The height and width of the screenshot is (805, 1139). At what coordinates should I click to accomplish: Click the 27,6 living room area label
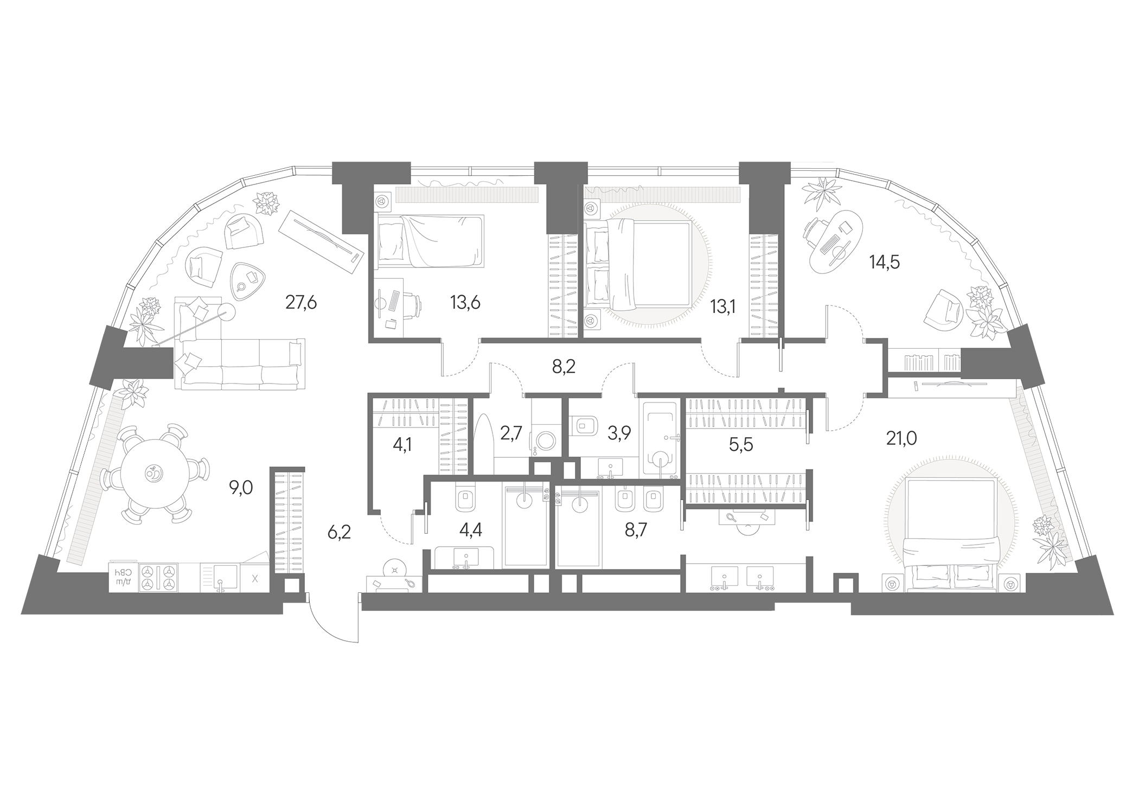pos(301,303)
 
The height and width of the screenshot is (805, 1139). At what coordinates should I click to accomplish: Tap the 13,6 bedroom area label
pos(465,303)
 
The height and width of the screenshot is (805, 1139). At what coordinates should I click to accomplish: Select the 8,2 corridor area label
pos(564,367)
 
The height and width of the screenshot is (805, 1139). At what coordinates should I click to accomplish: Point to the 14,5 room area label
pos(885,263)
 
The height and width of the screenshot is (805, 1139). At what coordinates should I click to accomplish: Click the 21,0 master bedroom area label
pos(901,438)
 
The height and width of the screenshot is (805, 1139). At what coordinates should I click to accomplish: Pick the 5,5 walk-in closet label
pos(741,445)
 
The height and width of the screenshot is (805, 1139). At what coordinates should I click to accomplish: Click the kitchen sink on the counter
pos(220,578)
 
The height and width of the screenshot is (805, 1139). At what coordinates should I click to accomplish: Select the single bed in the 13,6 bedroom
pos(430,241)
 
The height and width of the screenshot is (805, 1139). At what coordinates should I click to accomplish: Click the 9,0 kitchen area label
pos(241,488)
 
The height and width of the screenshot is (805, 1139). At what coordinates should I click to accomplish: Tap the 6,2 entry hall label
pos(339,532)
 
